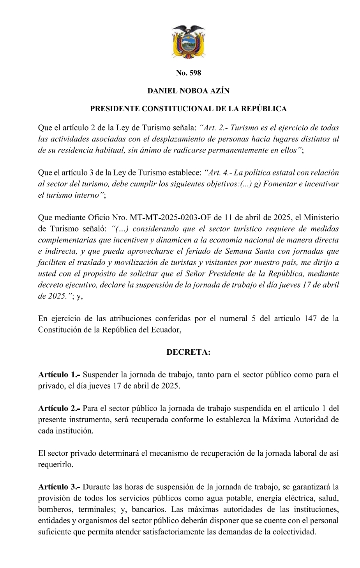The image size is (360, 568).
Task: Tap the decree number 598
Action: tap(188, 73)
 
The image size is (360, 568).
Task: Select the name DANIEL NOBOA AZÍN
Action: tap(188, 91)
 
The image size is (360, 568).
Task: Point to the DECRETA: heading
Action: tap(188, 352)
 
